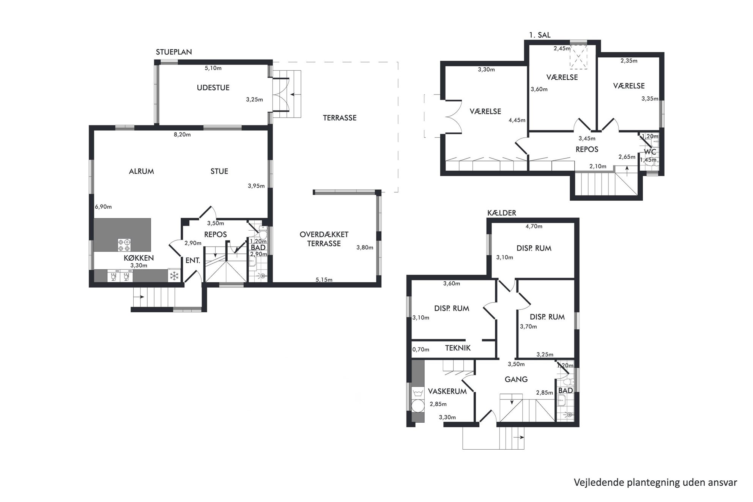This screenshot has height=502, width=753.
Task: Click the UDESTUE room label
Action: (213, 88)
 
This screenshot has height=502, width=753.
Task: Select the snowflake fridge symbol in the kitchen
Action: (174, 276)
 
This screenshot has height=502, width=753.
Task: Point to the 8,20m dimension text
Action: (182, 135)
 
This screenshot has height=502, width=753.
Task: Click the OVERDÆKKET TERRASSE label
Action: (324, 239)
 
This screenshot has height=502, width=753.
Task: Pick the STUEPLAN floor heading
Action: (174, 52)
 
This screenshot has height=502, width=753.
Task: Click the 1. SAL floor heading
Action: (540, 35)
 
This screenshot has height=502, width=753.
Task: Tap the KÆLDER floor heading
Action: (502, 213)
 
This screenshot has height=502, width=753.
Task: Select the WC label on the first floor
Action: (650, 152)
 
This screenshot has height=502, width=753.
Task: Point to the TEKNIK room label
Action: (458, 348)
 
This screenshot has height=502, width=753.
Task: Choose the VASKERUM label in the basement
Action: (447, 391)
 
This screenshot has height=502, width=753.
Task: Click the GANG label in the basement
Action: (516, 379)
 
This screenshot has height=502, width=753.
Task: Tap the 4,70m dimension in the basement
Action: (534, 227)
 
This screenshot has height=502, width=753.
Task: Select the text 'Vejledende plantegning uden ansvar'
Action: (655, 482)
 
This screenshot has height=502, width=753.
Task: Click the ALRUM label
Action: (141, 172)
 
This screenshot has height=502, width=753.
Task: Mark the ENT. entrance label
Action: (192, 261)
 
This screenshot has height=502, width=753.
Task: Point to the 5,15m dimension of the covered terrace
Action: (324, 280)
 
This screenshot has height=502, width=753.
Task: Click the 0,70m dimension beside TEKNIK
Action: (421, 349)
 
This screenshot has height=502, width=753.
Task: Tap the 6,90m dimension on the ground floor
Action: (103, 207)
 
